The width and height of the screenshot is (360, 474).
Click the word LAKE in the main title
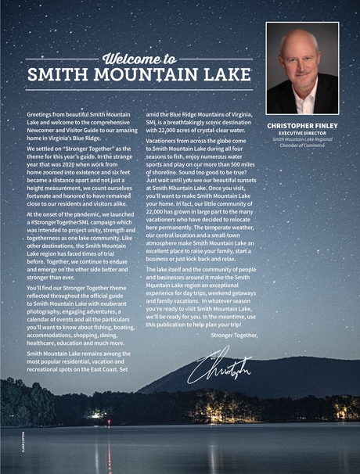(x=216, y=77)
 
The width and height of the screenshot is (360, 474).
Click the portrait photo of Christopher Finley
(x=302, y=68)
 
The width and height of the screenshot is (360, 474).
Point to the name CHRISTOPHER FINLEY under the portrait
(x=302, y=125)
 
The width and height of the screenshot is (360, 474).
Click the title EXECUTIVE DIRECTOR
(x=302, y=133)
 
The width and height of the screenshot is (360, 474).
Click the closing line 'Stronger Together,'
(x=235, y=335)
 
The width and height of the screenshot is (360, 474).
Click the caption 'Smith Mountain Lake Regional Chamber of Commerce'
(x=302, y=142)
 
